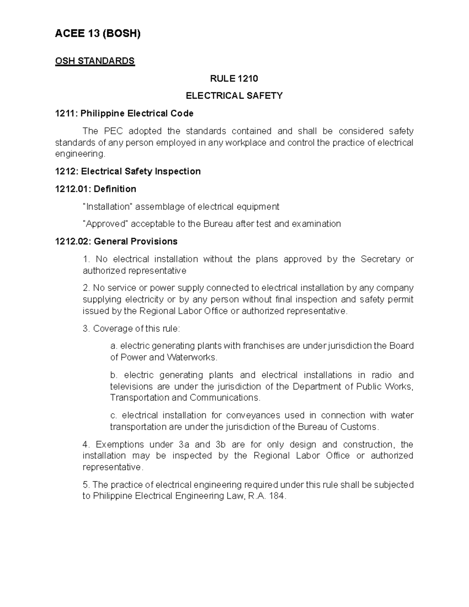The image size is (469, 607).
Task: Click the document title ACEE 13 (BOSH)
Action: point(97,34)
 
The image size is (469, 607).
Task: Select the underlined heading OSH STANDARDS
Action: point(95,61)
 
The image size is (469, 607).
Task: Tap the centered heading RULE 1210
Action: point(234,79)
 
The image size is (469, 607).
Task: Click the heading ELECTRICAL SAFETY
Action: point(234,96)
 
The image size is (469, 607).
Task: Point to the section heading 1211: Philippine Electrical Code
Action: point(124,113)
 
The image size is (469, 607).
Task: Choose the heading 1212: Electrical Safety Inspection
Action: point(128,171)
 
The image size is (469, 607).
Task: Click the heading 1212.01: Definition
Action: point(95,189)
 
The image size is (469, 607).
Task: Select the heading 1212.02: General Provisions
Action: point(116,242)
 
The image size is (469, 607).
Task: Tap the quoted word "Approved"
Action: point(105,224)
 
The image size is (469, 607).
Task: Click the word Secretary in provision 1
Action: point(380,259)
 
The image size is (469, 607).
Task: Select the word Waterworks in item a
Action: point(191,357)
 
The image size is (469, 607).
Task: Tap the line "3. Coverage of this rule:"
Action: point(131,329)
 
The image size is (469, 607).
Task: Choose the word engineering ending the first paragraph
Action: point(80,154)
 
